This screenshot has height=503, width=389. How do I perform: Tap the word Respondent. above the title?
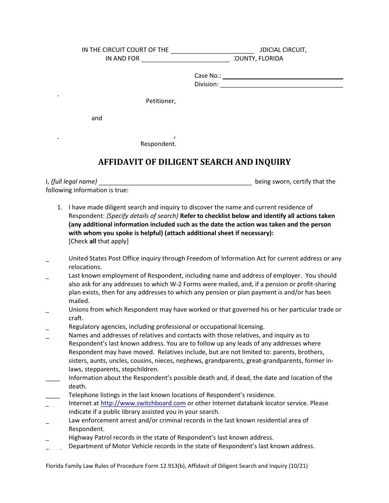click(x=158, y=144)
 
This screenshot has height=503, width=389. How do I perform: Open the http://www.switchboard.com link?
click(x=143, y=403)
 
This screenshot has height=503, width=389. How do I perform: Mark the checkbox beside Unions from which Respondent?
click(x=47, y=312)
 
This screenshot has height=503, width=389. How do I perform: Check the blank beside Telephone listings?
click(x=52, y=396)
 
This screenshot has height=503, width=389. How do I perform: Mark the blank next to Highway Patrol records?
click(x=47, y=439)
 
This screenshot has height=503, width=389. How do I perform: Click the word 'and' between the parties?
click(x=97, y=118)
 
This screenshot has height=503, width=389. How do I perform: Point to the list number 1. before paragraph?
click(x=59, y=207)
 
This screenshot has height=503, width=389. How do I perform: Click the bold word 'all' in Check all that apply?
click(x=93, y=241)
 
